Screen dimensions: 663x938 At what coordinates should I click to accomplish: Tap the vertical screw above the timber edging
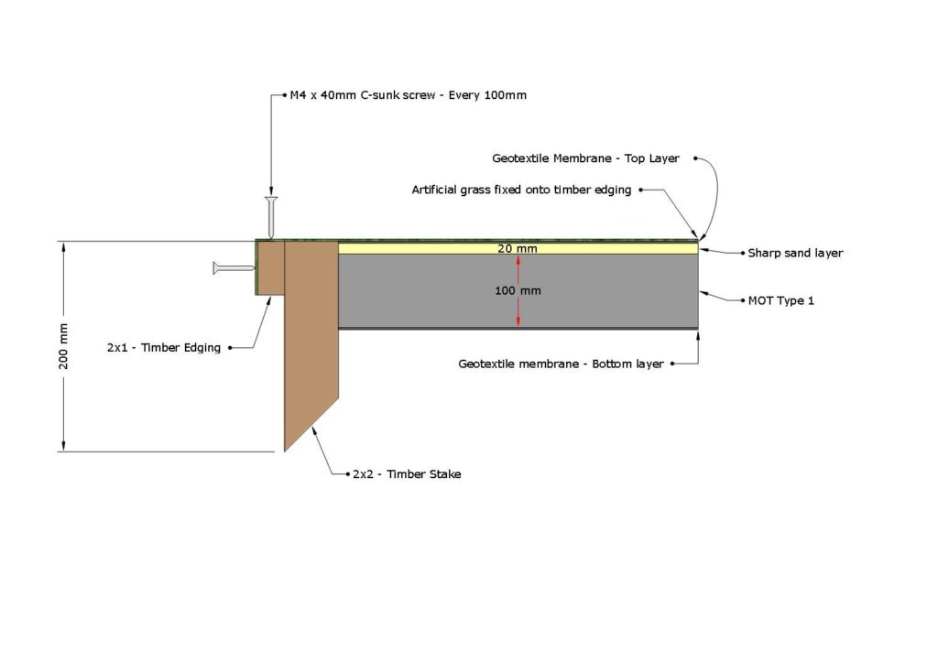[271, 216]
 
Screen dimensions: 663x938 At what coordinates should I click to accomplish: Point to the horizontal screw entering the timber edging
[234, 268]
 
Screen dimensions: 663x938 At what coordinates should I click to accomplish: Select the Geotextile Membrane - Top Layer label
[585, 158]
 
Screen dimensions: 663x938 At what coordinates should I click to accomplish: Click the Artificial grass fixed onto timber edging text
[521, 190]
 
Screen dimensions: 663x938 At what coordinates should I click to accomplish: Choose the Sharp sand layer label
[795, 253]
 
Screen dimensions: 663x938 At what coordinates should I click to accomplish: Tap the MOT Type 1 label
[781, 300]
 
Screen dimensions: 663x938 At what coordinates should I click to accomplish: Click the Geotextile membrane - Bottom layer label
[561, 364]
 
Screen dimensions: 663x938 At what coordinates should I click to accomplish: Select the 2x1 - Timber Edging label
[164, 347]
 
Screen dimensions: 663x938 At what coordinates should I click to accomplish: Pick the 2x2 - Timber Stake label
[407, 474]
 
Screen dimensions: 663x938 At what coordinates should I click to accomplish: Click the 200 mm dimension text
[64, 346]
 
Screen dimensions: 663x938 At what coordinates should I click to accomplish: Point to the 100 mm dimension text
[518, 291]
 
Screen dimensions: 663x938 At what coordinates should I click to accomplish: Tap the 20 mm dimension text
[518, 248]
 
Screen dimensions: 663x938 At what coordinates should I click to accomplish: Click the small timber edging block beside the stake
[270, 267]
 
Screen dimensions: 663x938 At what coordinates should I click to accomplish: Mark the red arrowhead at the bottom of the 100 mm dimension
[518, 321]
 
